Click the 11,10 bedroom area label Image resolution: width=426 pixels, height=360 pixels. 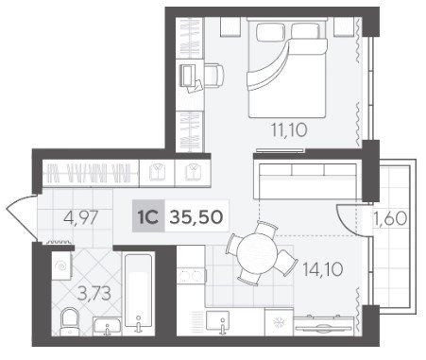tap(289, 130)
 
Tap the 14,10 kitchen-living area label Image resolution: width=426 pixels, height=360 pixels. tap(322, 269)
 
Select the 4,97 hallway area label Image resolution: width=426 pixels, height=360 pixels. tap(81, 217)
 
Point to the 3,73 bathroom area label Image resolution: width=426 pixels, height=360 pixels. tap(94, 294)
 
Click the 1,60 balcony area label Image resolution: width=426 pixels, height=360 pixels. tap(390, 218)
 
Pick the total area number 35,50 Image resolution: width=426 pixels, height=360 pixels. tap(196, 216)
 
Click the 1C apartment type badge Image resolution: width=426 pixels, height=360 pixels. tap(148, 216)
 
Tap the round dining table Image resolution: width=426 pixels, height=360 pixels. tap(257, 253)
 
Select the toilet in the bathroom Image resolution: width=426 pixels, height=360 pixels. tap(69, 321)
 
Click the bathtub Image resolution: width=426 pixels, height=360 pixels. tap(138, 293)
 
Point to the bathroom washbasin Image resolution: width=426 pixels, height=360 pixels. tap(107, 326)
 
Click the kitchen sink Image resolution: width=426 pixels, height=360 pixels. tap(217, 321)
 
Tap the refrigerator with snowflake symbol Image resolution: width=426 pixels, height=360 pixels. tap(279, 322)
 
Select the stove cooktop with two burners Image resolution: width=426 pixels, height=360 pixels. tap(191, 276)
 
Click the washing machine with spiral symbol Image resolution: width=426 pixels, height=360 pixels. tap(61, 266)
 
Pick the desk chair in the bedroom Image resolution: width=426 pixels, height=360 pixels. tap(214, 76)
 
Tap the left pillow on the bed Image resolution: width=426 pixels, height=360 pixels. tap(270, 32)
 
